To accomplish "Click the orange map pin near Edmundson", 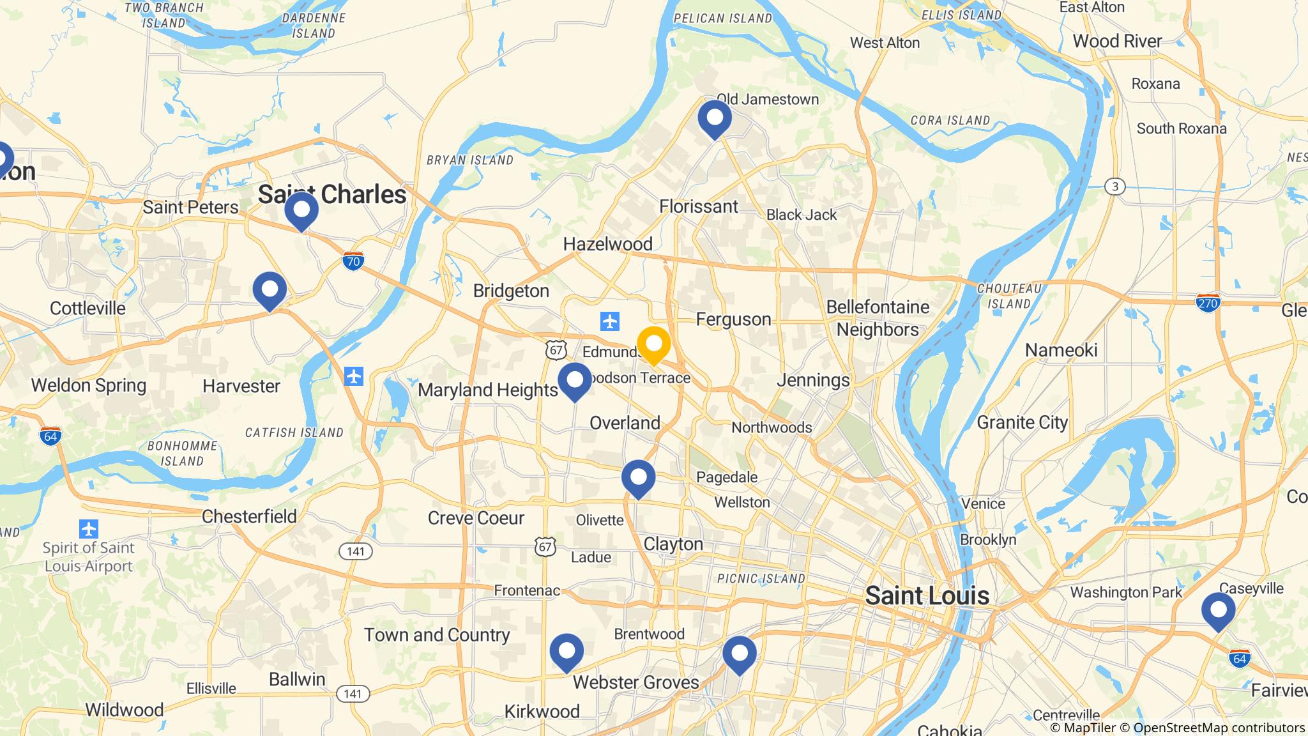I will click(653, 344).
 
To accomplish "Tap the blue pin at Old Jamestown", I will click(714, 118).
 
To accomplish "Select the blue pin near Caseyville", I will click(1218, 610).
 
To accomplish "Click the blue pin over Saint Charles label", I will click(301, 210).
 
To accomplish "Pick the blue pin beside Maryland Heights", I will click(575, 381).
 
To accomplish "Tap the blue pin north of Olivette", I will click(638, 478).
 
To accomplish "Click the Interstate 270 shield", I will click(1208, 303).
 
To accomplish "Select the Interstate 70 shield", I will click(353, 261).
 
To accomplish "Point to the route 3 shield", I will click(1114, 187).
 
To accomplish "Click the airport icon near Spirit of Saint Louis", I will click(88, 529).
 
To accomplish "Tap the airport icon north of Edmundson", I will click(610, 321).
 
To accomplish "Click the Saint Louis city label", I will click(927, 596).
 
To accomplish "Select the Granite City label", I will click(1022, 422).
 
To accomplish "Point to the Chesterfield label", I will click(249, 516).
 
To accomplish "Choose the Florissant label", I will click(698, 206).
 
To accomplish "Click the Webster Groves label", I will click(635, 682).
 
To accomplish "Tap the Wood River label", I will click(1117, 42).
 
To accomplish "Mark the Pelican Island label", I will click(723, 18).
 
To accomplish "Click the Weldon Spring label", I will click(89, 385).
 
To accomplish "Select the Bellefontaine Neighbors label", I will click(878, 318).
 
